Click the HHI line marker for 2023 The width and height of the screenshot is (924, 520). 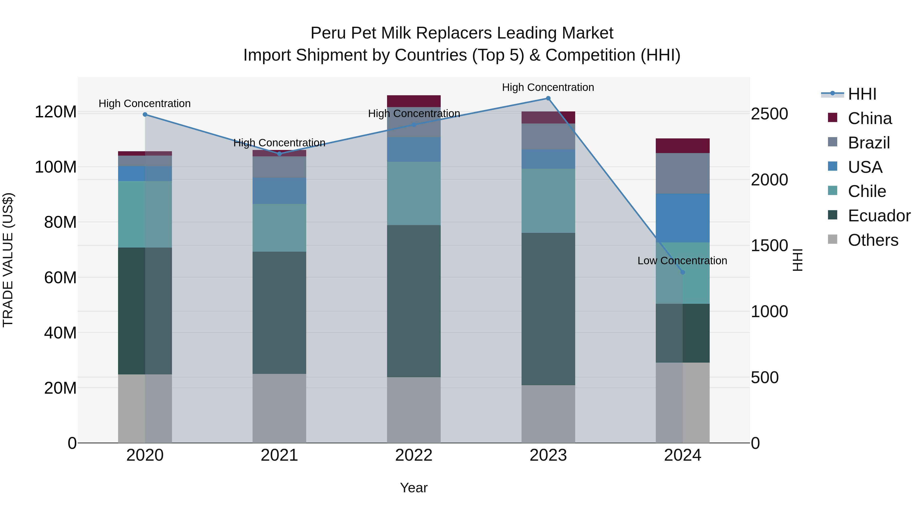pos(548,98)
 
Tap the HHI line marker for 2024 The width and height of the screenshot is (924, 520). pos(682,272)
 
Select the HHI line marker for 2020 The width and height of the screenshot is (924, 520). pos(145,115)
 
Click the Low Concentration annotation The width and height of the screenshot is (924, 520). pos(682,261)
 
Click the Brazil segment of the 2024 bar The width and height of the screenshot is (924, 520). pos(682,173)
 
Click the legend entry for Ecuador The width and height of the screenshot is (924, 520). pos(879,216)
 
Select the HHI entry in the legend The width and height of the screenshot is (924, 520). pos(862,94)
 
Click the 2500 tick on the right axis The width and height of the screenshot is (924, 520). pos(769,114)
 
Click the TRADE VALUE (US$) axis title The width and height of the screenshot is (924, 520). pos(8,260)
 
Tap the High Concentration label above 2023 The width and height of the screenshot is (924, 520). pos(548,87)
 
